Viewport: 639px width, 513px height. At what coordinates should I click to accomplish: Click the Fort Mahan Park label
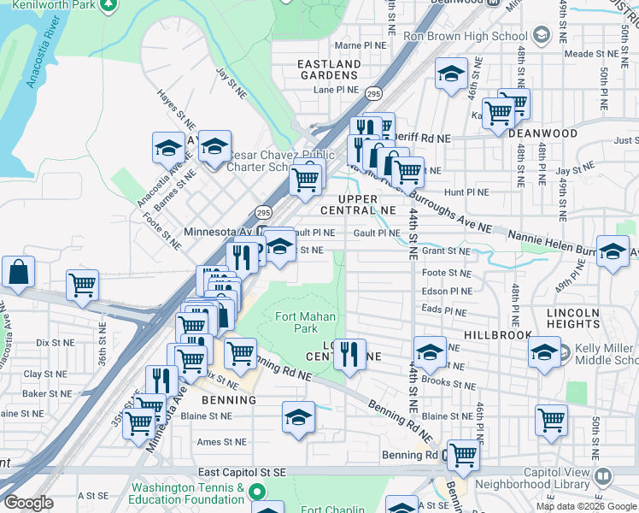pyautogui.click(x=296, y=322)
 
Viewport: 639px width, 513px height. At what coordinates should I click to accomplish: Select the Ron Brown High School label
pyautogui.click(x=465, y=36)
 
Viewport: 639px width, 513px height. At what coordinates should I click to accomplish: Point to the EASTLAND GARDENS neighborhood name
pyautogui.click(x=329, y=69)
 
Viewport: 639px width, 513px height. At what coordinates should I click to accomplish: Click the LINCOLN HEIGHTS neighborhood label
pyautogui.click(x=573, y=319)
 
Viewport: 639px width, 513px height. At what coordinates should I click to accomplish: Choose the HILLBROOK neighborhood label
pyautogui.click(x=498, y=337)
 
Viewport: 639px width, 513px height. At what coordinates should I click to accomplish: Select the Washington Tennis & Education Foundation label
pyautogui.click(x=186, y=493)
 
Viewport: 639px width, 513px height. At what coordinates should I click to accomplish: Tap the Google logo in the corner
pyautogui.click(x=28, y=503)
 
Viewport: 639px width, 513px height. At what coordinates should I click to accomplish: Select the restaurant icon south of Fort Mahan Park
pyautogui.click(x=349, y=352)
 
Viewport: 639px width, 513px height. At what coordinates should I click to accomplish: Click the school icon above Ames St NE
pyautogui.click(x=297, y=418)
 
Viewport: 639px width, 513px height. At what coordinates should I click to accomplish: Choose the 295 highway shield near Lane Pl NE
pyautogui.click(x=373, y=91)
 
